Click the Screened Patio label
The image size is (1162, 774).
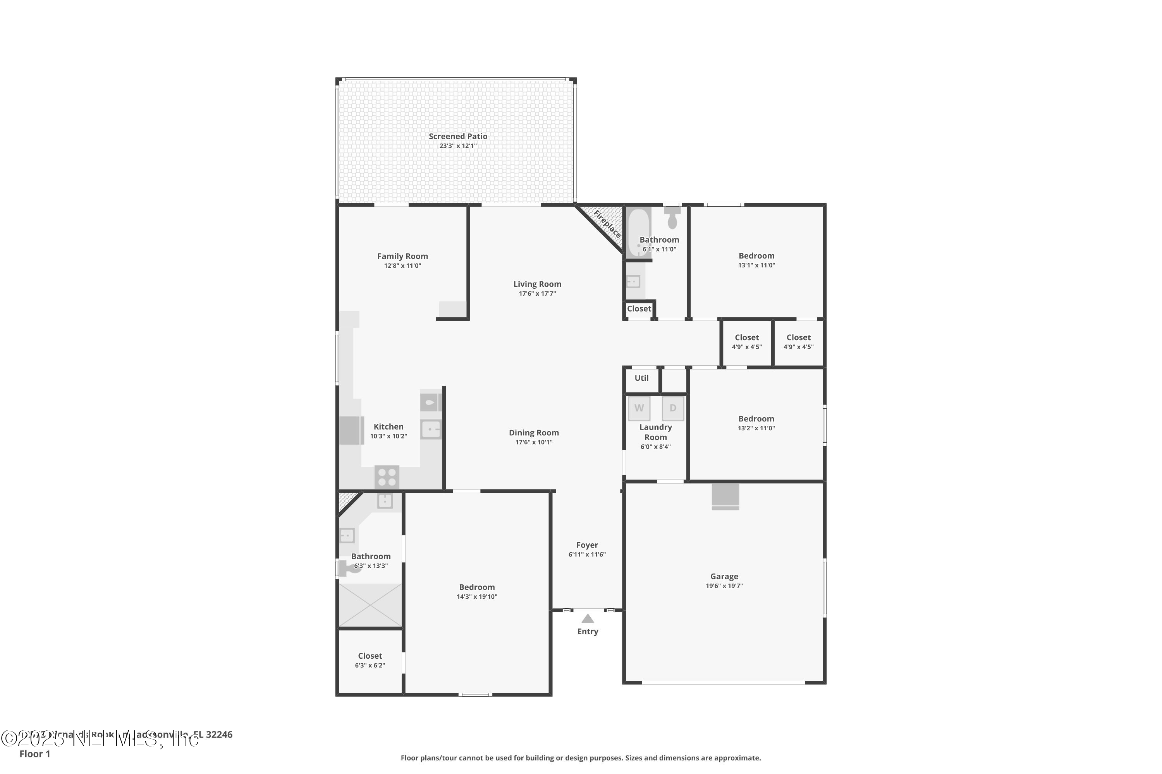[x=457, y=136]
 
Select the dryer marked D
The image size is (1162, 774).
[x=672, y=408]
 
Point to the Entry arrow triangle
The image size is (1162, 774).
[x=588, y=618]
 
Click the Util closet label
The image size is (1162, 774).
[x=641, y=378]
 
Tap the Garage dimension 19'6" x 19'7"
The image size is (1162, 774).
[x=724, y=586]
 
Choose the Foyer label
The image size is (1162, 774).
[x=587, y=545]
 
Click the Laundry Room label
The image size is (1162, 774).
[x=656, y=432]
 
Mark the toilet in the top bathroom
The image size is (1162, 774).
[x=672, y=217]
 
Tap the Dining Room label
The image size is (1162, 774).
[x=534, y=433]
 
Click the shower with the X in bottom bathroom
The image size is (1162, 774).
[x=370, y=605]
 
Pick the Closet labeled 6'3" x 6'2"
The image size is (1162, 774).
[x=370, y=656]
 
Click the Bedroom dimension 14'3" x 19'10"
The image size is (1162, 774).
[x=476, y=597]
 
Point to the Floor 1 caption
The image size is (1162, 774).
[x=34, y=754]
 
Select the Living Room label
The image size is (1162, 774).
[x=537, y=284]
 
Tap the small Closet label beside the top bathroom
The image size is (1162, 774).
[x=639, y=309]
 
